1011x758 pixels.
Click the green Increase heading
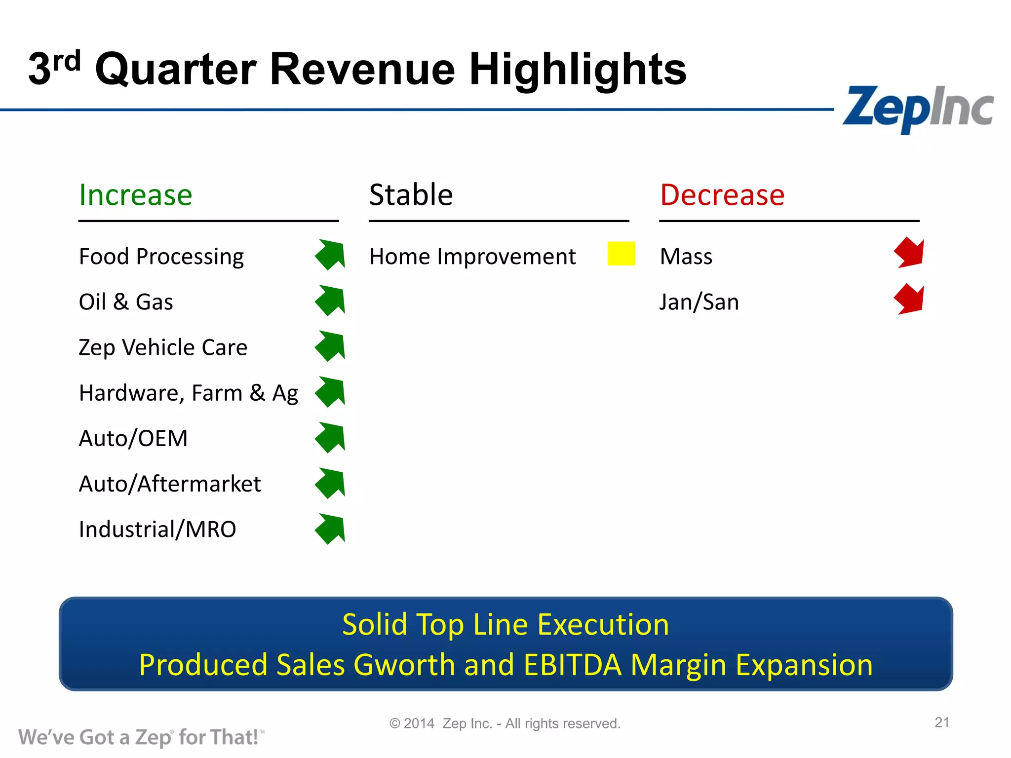tap(135, 195)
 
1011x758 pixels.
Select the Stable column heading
tap(411, 195)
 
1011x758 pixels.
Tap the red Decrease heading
tap(722, 195)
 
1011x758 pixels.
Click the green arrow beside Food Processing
tap(331, 255)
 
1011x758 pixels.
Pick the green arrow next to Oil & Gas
tap(331, 300)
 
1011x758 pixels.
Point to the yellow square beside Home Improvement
tap(621, 254)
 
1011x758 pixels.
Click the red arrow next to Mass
tap(909, 253)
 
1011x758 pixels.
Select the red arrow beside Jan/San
tap(909, 299)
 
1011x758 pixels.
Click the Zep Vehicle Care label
tap(163, 347)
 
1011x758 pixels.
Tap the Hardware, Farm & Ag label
tap(188, 393)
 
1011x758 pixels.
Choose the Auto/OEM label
tap(133, 438)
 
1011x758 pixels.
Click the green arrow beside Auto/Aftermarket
tap(331, 483)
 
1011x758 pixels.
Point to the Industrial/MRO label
tap(157, 530)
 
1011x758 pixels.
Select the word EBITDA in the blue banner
tap(572, 665)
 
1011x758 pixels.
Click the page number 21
tap(942, 722)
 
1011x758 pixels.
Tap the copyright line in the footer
tap(505, 723)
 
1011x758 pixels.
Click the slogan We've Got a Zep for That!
tap(141, 737)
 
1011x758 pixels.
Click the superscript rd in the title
tap(67, 62)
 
